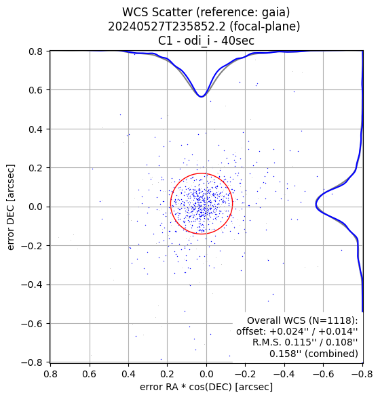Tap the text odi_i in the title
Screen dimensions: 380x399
pos(197,40)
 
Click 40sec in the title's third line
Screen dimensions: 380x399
pos(237,40)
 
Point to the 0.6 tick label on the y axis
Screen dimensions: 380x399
pos(35,90)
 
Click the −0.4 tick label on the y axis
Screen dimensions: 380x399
pos(32,285)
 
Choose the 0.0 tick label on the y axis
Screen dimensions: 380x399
pos(35,207)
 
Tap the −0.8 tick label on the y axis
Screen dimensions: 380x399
pos(32,362)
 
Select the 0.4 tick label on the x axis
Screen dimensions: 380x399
pos(128,374)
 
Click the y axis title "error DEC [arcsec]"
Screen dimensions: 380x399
pos(11,207)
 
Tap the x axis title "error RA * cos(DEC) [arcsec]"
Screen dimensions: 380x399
pos(206,387)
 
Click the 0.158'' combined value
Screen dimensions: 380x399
pos(285,354)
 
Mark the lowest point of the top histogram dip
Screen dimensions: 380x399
pos(202,97)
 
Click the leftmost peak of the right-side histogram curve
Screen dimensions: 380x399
pos(316,204)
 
